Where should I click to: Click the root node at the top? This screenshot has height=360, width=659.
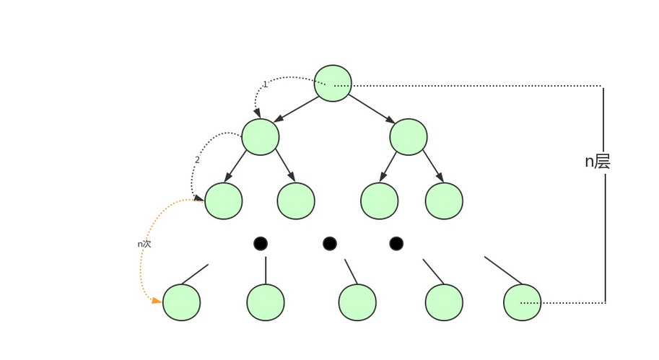pyautogui.click(x=333, y=83)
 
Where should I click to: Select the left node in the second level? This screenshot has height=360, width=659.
pyautogui.click(x=260, y=136)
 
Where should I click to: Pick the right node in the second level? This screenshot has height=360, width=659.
pyautogui.click(x=408, y=136)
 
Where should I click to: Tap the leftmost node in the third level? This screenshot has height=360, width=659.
pyautogui.click(x=223, y=201)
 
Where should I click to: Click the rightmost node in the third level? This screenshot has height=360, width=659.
pyautogui.click(x=444, y=201)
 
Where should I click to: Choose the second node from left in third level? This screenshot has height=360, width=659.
pyautogui.click(x=295, y=201)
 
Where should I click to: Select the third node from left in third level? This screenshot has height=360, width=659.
pyautogui.click(x=379, y=201)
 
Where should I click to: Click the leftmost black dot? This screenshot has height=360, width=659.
pyautogui.click(x=261, y=244)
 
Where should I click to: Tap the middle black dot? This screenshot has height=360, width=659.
pyautogui.click(x=330, y=244)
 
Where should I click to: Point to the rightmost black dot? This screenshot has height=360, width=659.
pyautogui.click(x=396, y=244)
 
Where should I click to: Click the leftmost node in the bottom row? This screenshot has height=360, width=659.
pyautogui.click(x=181, y=302)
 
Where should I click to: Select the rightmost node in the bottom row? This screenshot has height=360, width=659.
pyautogui.click(x=522, y=302)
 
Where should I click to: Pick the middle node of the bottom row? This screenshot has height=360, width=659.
pyautogui.click(x=357, y=302)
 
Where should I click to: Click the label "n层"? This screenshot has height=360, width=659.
pyautogui.click(x=598, y=162)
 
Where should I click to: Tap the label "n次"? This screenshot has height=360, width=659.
pyautogui.click(x=144, y=244)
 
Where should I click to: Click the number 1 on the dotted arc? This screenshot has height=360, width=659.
pyautogui.click(x=265, y=84)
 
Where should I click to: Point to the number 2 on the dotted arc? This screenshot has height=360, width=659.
pyautogui.click(x=197, y=160)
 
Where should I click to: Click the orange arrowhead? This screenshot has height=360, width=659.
pyautogui.click(x=157, y=300)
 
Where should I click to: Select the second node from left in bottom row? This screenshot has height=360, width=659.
pyautogui.click(x=266, y=302)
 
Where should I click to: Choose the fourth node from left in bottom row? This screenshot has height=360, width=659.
pyautogui.click(x=444, y=302)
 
